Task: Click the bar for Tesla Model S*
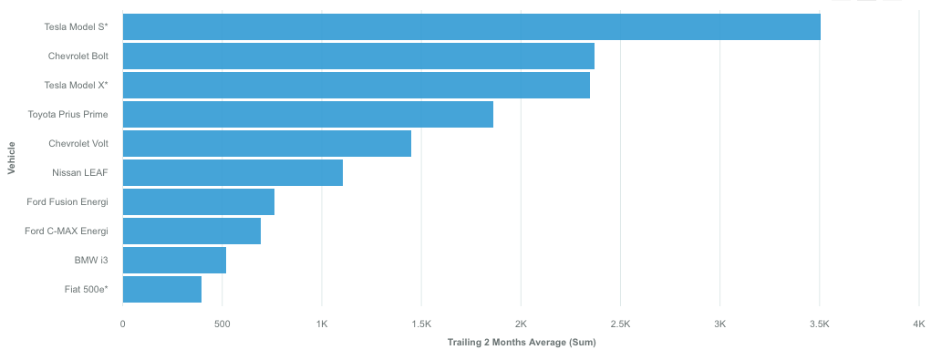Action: (x=471, y=27)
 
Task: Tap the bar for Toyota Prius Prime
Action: (x=307, y=115)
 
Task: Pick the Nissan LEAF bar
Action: (x=233, y=173)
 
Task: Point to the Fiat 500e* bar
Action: (x=162, y=290)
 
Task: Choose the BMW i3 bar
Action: (x=174, y=261)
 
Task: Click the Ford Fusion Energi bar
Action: (x=199, y=202)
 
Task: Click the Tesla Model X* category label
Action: (x=76, y=86)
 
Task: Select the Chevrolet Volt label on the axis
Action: (x=78, y=144)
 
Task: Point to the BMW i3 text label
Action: (x=91, y=261)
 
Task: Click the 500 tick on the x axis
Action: (x=222, y=324)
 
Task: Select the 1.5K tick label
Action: (x=421, y=324)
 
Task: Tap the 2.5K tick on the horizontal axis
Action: (x=620, y=324)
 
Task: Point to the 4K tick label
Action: (x=918, y=324)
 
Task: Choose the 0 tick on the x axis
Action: (x=122, y=324)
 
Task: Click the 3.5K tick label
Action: (x=820, y=324)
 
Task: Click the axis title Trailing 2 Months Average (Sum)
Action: (x=521, y=343)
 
